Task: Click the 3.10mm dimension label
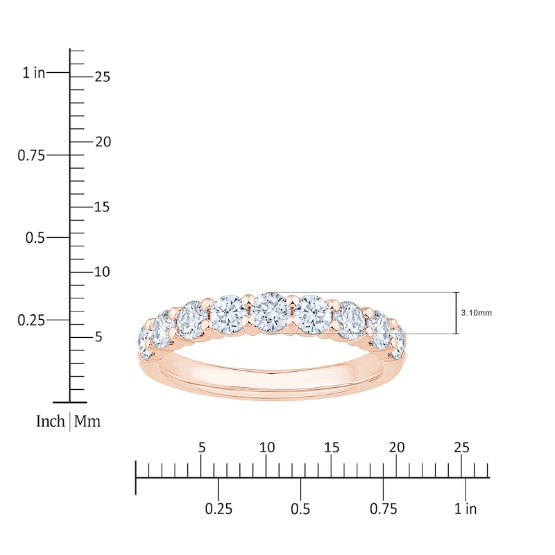476,313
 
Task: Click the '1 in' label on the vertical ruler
34,73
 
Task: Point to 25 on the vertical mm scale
102,77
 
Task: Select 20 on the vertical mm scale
103,142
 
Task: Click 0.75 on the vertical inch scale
31,155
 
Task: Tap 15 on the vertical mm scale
102,207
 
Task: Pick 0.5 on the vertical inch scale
35,238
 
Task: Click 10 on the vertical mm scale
102,272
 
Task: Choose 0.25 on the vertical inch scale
31,321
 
